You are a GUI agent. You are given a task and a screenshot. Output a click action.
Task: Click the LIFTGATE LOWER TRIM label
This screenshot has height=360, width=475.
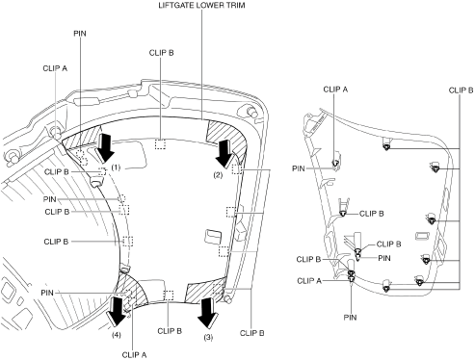[x=201, y=6]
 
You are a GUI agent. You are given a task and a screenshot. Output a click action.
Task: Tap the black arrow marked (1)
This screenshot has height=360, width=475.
[x=105, y=148]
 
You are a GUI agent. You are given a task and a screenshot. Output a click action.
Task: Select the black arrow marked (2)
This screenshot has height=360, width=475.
[x=224, y=152]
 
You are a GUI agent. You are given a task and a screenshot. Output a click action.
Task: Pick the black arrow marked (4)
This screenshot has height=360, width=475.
[x=117, y=311]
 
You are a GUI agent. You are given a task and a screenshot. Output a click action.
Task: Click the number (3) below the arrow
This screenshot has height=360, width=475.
[x=208, y=337]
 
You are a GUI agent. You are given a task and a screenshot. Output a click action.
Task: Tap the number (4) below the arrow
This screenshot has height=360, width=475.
[x=117, y=335]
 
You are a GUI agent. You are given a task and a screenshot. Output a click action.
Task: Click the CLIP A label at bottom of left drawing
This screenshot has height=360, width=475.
[x=134, y=354]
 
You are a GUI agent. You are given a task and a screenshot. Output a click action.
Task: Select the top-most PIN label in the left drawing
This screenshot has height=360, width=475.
[x=80, y=34]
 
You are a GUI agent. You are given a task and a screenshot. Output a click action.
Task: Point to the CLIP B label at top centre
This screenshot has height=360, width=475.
[x=161, y=53]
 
